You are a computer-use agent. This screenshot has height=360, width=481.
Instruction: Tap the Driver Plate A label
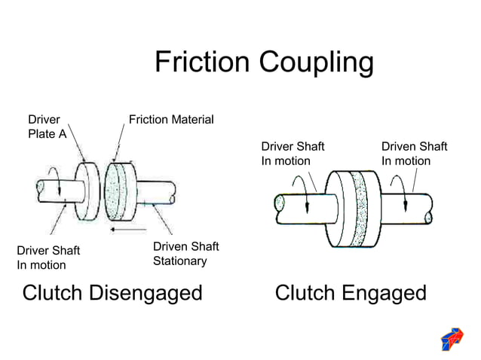click(x=47, y=126)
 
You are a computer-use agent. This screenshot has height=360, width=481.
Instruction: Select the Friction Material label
click(x=171, y=120)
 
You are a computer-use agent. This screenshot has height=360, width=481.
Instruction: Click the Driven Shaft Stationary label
click(x=185, y=254)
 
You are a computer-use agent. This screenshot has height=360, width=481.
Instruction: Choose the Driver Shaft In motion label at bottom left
click(x=48, y=258)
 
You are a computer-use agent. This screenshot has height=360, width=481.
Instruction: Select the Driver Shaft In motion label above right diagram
click(x=293, y=154)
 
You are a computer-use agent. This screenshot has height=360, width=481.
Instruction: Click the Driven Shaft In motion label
click(x=414, y=154)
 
